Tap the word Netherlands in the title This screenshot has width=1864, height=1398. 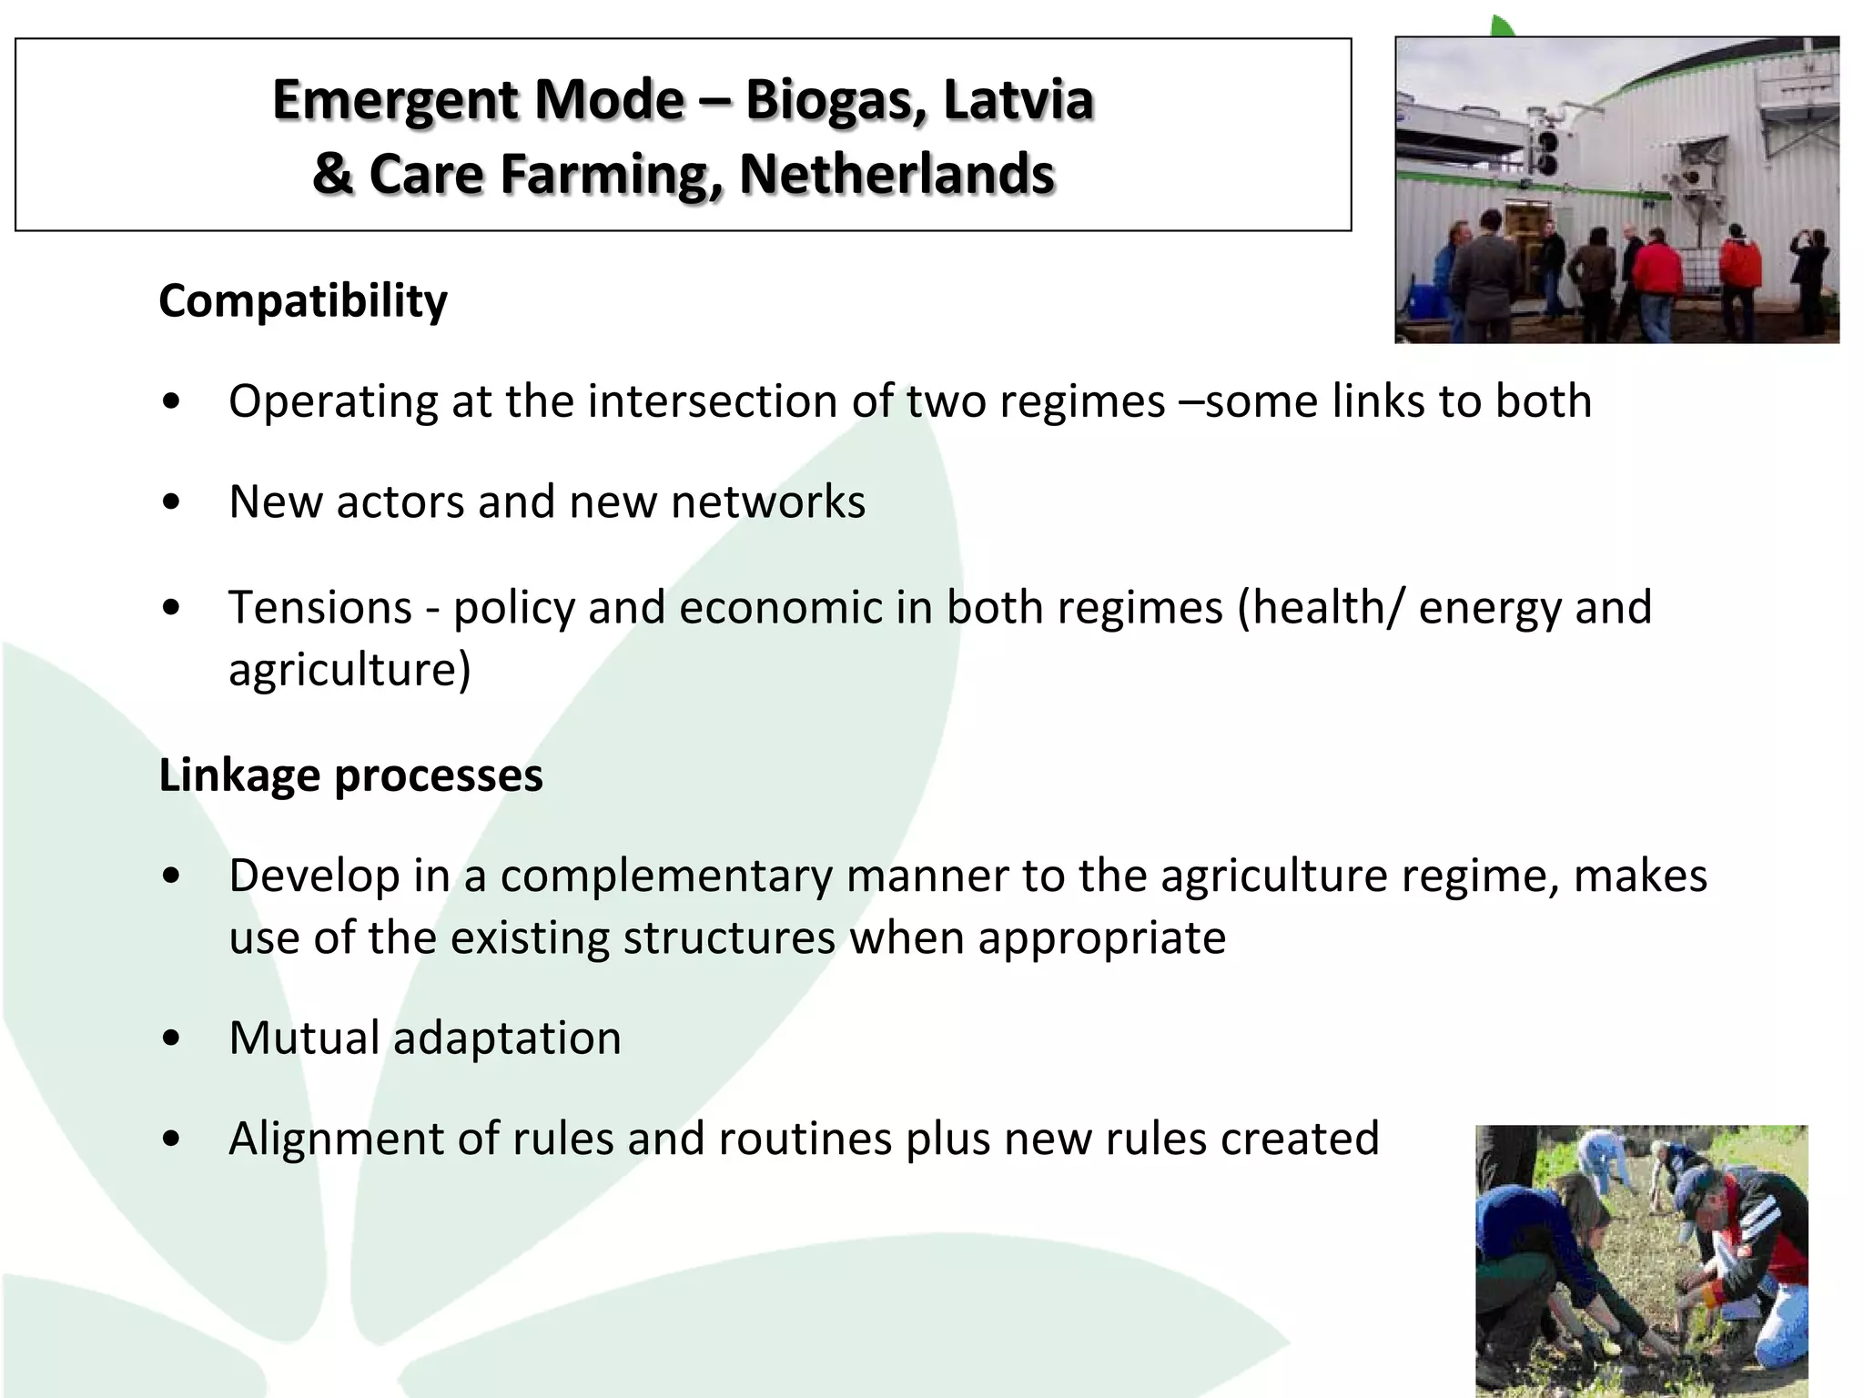[x=897, y=174]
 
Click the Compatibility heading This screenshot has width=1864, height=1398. [x=303, y=300]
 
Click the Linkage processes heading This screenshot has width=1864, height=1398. [x=350, y=775]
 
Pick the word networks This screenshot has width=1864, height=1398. [x=768, y=501]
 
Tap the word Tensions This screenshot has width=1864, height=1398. [x=320, y=607]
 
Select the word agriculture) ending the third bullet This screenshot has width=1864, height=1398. [x=349, y=670]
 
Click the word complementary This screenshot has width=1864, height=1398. [x=666, y=876]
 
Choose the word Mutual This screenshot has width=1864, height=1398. [x=304, y=1038]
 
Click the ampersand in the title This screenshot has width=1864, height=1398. [x=332, y=174]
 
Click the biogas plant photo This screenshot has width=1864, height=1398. [x=1616, y=189]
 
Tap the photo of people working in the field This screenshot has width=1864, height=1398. [x=1641, y=1260]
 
